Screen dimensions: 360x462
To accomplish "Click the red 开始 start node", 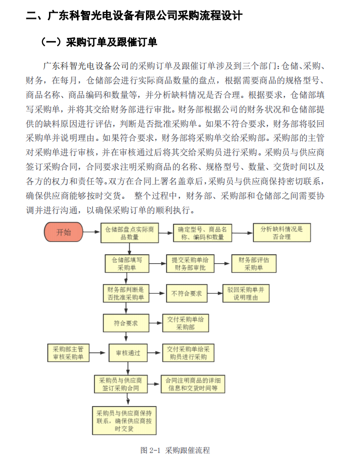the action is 63,232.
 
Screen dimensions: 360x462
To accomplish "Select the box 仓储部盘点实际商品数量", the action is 129,233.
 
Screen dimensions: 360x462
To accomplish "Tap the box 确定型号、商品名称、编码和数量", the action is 202,233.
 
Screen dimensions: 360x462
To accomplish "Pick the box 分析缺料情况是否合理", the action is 282,233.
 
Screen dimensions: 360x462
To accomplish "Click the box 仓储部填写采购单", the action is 127,263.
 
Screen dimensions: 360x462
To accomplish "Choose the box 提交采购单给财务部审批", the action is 190,263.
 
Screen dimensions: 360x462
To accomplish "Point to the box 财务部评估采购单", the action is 254,263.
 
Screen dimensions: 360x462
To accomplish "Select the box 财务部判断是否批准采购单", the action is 125,294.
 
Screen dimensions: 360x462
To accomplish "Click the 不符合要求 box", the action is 187,294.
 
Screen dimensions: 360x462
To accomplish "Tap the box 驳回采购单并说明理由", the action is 246,294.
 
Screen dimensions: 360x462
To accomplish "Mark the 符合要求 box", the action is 126,323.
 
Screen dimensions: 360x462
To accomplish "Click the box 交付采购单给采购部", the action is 185,323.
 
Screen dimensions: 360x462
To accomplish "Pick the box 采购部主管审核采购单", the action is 68,353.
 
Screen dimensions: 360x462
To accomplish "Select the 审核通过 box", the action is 128,353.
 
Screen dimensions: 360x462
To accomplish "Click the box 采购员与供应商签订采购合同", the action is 120,384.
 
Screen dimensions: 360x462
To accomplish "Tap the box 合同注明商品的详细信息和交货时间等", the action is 193,384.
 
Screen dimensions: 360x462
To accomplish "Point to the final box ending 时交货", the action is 124,421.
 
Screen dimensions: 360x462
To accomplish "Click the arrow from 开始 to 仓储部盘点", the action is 92,232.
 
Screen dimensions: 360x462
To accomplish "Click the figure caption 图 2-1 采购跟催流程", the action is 175,450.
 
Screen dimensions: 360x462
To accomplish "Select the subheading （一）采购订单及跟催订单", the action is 98,42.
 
